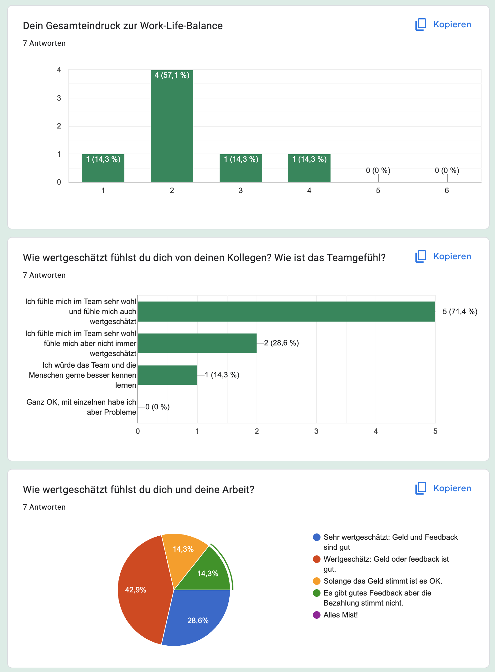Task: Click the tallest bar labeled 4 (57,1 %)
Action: point(172,125)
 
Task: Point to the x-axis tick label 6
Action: point(446,191)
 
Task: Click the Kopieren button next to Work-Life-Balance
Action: point(443,24)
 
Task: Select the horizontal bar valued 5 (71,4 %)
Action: point(286,312)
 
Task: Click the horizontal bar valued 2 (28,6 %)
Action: point(197,343)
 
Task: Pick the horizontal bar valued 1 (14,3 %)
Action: point(167,375)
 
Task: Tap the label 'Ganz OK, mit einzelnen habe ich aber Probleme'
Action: point(81,407)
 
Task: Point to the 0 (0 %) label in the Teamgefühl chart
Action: point(157,407)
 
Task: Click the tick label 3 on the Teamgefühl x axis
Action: point(316,431)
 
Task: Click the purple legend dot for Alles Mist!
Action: point(317,615)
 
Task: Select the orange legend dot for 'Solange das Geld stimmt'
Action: point(317,581)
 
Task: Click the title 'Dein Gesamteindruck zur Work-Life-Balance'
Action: point(123,26)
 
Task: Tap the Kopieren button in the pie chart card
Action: point(443,488)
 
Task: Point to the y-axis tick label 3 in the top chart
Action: point(59,98)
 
